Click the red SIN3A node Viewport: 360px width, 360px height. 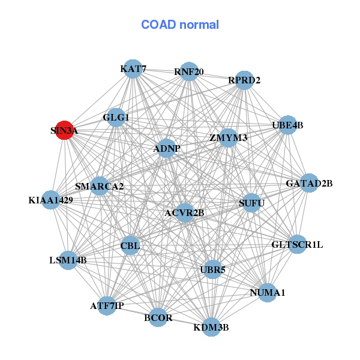point(65,130)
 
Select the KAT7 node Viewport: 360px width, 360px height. point(133,69)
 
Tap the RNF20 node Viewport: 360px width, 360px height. point(189,71)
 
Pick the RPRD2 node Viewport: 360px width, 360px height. point(244,80)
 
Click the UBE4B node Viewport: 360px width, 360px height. point(288,125)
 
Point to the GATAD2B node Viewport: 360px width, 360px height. point(309,183)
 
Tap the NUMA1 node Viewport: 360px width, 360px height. point(268,293)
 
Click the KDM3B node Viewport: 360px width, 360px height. point(211,327)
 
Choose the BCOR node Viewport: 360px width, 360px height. point(158,317)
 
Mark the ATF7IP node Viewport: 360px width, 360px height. point(107,305)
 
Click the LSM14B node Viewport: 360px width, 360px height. point(68,260)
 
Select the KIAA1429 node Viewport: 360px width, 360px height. point(51,199)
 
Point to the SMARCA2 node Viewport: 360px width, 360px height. point(100,186)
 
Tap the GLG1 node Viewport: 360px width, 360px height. point(116,118)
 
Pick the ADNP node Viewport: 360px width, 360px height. point(166,148)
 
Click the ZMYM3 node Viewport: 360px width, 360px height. point(229,137)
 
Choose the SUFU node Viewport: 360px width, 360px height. point(251,203)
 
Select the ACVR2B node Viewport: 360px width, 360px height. point(185,212)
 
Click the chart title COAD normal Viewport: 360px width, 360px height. point(180,25)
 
